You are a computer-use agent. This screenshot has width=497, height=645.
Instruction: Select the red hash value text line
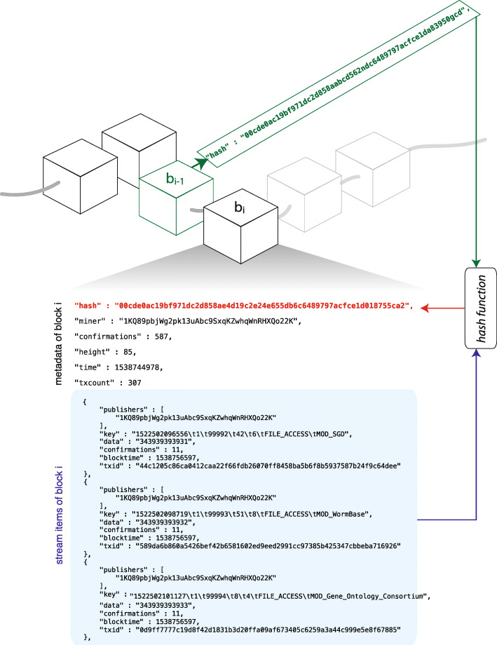[243, 306]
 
